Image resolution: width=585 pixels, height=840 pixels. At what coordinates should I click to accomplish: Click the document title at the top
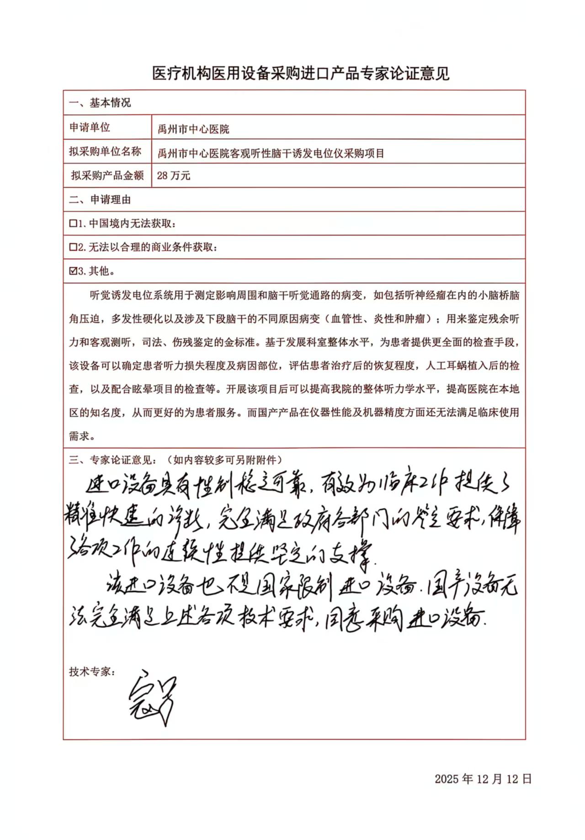point(301,74)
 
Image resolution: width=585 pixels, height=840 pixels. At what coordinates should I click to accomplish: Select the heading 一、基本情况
point(100,103)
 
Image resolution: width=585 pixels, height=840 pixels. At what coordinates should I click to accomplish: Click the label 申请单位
point(90,127)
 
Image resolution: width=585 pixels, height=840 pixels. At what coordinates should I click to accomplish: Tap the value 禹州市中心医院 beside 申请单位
point(193,129)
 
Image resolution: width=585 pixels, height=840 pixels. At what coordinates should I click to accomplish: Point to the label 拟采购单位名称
point(105,151)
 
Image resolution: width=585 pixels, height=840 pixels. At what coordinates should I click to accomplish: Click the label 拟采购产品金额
point(107,175)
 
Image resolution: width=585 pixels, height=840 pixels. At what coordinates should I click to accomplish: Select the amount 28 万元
point(173,176)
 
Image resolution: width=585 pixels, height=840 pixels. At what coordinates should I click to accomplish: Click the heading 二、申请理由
point(100,200)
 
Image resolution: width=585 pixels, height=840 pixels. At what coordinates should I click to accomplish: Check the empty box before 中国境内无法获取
point(73,223)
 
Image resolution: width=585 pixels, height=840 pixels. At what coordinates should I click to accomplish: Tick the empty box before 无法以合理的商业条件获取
point(73,247)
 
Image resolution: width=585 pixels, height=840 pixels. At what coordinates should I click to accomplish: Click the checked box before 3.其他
point(73,271)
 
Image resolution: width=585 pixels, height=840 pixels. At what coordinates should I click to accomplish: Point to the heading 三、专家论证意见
point(113,460)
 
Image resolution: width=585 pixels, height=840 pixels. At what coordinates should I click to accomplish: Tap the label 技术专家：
point(92,671)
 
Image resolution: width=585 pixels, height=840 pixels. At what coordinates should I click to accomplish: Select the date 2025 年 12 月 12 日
point(483,779)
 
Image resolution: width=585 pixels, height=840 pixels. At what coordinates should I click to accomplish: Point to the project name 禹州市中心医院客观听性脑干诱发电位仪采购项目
point(271,153)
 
